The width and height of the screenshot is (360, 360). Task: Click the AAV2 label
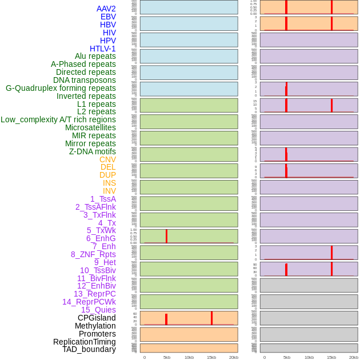coord(106,9)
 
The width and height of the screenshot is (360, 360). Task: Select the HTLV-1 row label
coord(103,49)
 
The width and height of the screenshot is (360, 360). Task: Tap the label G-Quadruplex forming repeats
coord(61,88)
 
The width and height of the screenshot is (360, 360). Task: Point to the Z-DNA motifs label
coord(93,151)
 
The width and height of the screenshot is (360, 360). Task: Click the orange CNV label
coord(107,159)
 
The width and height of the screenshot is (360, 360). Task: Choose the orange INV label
coord(109,191)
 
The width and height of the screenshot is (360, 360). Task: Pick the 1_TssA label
coord(103,199)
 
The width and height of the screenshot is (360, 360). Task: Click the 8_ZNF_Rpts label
coord(93,254)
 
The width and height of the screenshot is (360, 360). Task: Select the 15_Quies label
coord(98,310)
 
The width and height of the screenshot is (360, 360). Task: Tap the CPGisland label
coord(97,318)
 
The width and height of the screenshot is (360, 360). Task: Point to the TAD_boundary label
coord(89,349)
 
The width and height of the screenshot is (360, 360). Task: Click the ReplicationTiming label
coord(85,342)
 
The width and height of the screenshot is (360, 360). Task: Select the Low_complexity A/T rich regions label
coord(58,119)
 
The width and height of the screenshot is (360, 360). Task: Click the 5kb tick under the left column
coord(167,357)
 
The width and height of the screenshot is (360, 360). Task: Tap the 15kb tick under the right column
coord(331,357)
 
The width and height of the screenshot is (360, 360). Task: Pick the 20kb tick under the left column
coord(234,357)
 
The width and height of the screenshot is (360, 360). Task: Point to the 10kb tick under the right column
coord(309,357)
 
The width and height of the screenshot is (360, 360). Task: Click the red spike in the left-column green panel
coord(166,236)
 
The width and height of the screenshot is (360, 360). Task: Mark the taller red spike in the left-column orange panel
coord(211,318)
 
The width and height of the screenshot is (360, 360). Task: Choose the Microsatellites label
coord(90,127)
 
